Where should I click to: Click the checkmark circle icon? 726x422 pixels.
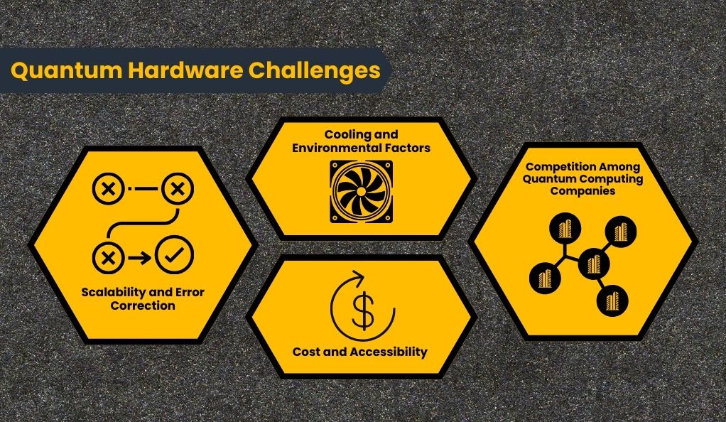(175, 255)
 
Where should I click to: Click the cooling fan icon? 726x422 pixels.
(361, 192)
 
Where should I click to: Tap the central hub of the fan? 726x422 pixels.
(361, 192)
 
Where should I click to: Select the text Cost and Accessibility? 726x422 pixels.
(359, 352)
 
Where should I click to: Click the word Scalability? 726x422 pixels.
(114, 292)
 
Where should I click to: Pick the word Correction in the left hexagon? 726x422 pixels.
(143, 305)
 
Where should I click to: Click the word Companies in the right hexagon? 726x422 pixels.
(583, 191)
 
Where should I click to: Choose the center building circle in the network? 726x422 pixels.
(594, 264)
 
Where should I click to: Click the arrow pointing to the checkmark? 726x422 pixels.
(139, 258)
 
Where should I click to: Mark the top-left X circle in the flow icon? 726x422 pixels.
(109, 188)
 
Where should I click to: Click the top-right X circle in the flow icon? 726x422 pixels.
(178, 188)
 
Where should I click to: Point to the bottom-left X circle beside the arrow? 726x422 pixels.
(108, 258)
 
